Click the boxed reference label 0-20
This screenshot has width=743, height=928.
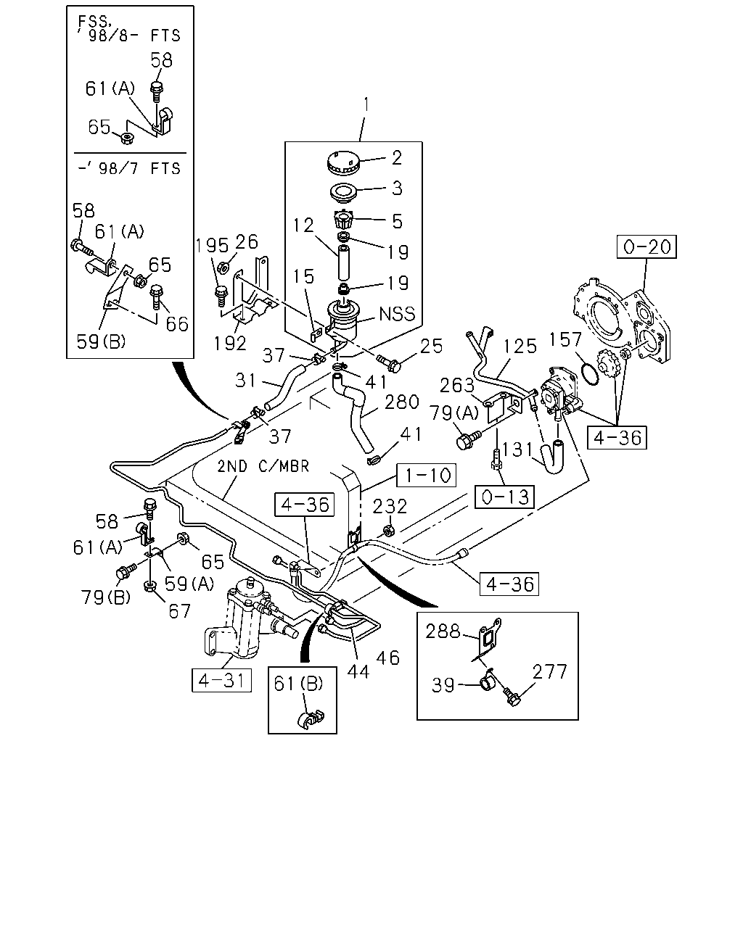tap(646, 246)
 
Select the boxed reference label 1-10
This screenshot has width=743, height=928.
tap(427, 475)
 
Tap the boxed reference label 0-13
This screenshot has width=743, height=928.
tap(505, 497)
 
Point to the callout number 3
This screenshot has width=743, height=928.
tap(397, 188)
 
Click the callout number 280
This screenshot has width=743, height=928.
tap(402, 402)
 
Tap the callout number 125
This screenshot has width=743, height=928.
tap(520, 346)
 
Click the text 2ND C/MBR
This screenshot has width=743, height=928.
tap(263, 466)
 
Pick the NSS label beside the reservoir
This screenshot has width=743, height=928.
tap(397, 314)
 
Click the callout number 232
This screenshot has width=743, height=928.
tap(390, 506)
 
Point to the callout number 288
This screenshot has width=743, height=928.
tap(443, 631)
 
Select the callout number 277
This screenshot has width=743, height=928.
tap(549, 671)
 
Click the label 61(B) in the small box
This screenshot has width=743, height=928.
tap(298, 684)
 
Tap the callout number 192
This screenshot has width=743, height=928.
tap(230, 343)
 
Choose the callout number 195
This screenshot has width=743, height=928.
tap(212, 246)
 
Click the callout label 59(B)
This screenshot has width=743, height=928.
tap(101, 341)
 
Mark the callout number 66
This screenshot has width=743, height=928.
tap(178, 324)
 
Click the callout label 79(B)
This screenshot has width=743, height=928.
tap(105, 597)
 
